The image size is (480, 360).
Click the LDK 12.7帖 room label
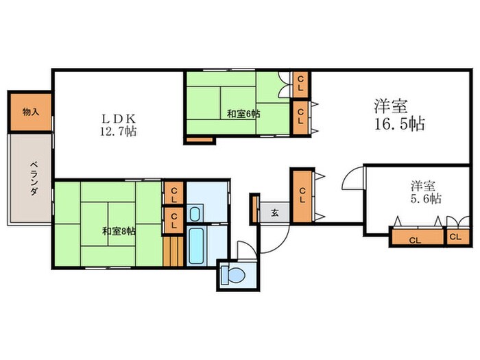(119, 125)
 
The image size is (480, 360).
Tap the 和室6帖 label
(243, 115)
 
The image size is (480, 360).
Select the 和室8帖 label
(119, 231)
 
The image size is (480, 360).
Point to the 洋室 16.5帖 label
(399, 115)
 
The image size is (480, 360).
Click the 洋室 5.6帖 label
(426, 192)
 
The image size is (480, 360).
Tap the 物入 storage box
(31, 112)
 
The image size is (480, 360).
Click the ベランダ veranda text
(34, 179)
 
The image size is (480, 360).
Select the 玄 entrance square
(274, 213)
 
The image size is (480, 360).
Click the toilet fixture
(232, 274)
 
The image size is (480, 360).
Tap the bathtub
(196, 246)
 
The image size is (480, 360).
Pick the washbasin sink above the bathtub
(194, 214)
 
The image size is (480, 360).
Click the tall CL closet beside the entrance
(302, 196)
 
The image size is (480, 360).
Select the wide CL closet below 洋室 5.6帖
(418, 237)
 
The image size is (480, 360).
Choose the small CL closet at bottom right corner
(457, 237)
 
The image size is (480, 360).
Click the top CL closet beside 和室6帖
(300, 84)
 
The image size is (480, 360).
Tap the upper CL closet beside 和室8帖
(174, 193)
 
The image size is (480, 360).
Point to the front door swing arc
(280, 245)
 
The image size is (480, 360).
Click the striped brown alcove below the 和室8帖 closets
(173, 251)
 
